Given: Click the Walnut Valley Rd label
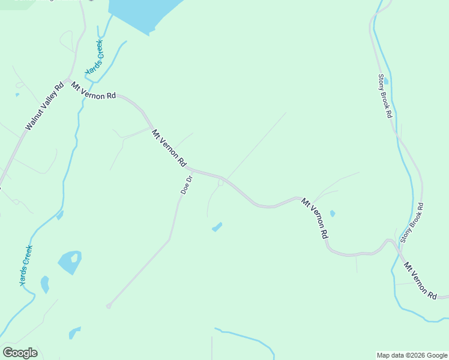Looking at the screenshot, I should coord(44,107).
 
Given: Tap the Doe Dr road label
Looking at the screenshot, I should coord(187,185).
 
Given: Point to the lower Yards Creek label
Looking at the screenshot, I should coord(25,265).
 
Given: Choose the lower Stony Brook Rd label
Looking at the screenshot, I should coord(412,223).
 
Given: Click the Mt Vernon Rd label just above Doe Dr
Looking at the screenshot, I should coord(169,148).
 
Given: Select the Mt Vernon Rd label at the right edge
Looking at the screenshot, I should coord(420,280).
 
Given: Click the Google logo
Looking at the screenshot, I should coord(20,353).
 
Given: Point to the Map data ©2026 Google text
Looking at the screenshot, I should coord(412,355).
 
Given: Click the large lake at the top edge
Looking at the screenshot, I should coord(144,12).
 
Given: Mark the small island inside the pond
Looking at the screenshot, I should coord(74,259).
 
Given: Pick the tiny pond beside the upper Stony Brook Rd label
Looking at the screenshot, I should coord(385,81).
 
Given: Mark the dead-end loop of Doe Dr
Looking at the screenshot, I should coord(109,307).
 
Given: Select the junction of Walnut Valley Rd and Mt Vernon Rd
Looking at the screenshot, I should coord(68,80).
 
